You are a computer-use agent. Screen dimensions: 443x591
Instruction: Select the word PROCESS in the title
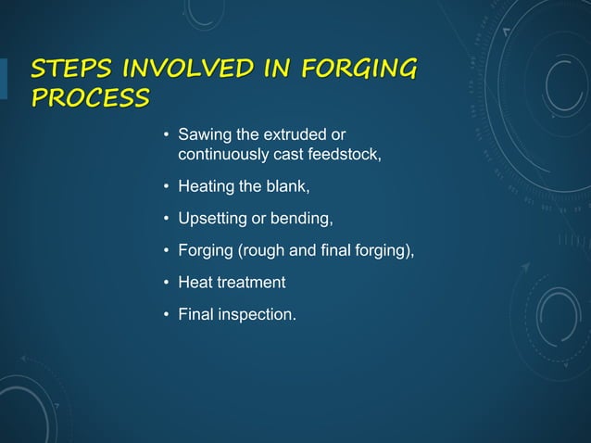89,98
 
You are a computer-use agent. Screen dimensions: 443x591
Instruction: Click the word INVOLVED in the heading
182,70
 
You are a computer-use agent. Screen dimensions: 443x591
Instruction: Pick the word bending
301,219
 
